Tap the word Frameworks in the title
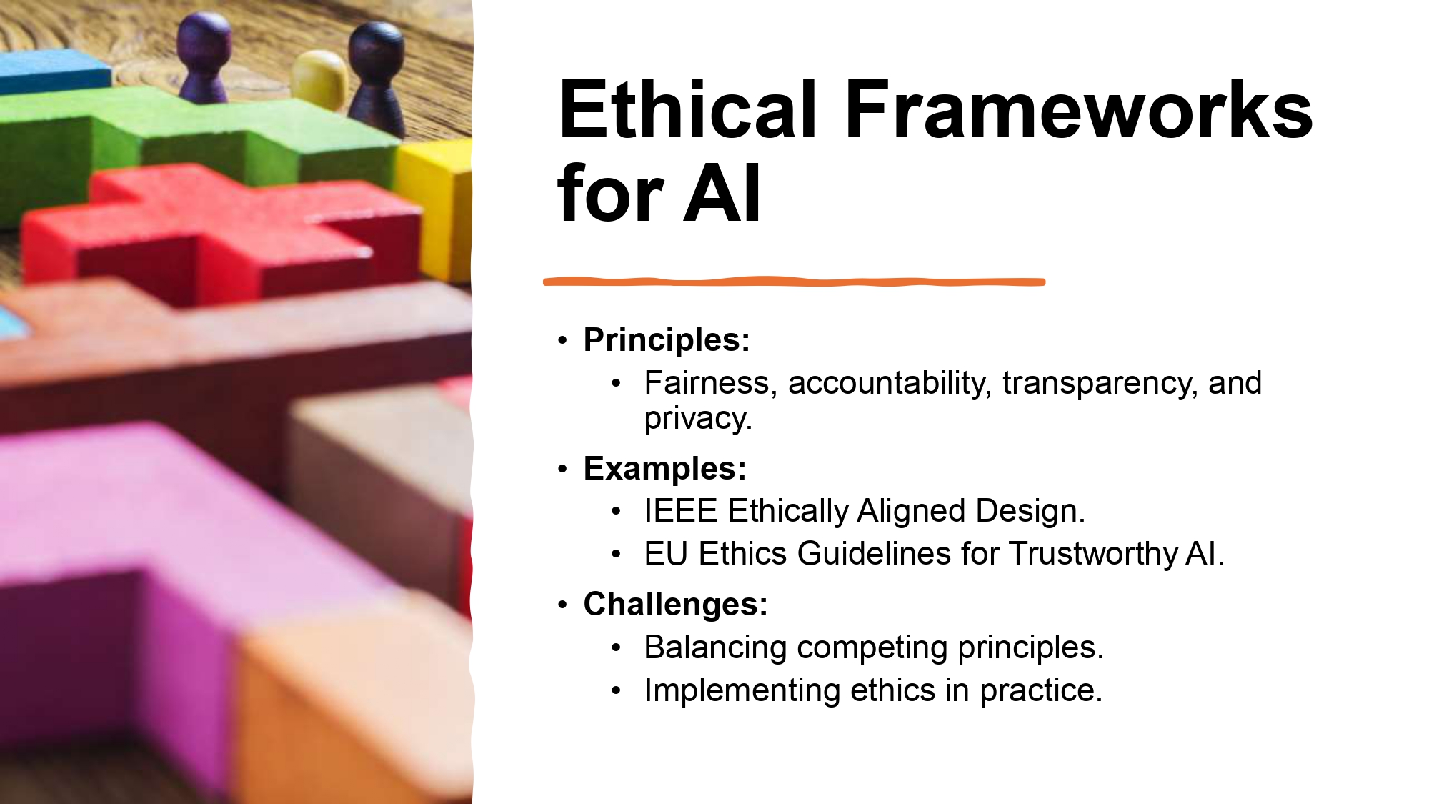[x=1079, y=111]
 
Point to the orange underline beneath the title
[x=793, y=282]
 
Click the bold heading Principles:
[x=667, y=339]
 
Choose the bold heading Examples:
[x=664, y=469]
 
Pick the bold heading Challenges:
[x=675, y=605]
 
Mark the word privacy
[x=697, y=419]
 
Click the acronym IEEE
[x=680, y=511]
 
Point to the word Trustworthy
[x=1092, y=554]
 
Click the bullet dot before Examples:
[x=563, y=470]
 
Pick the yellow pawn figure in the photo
[x=319, y=79]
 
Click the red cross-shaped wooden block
[x=214, y=229]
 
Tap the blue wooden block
[x=54, y=71]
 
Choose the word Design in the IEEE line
[x=1030, y=511]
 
